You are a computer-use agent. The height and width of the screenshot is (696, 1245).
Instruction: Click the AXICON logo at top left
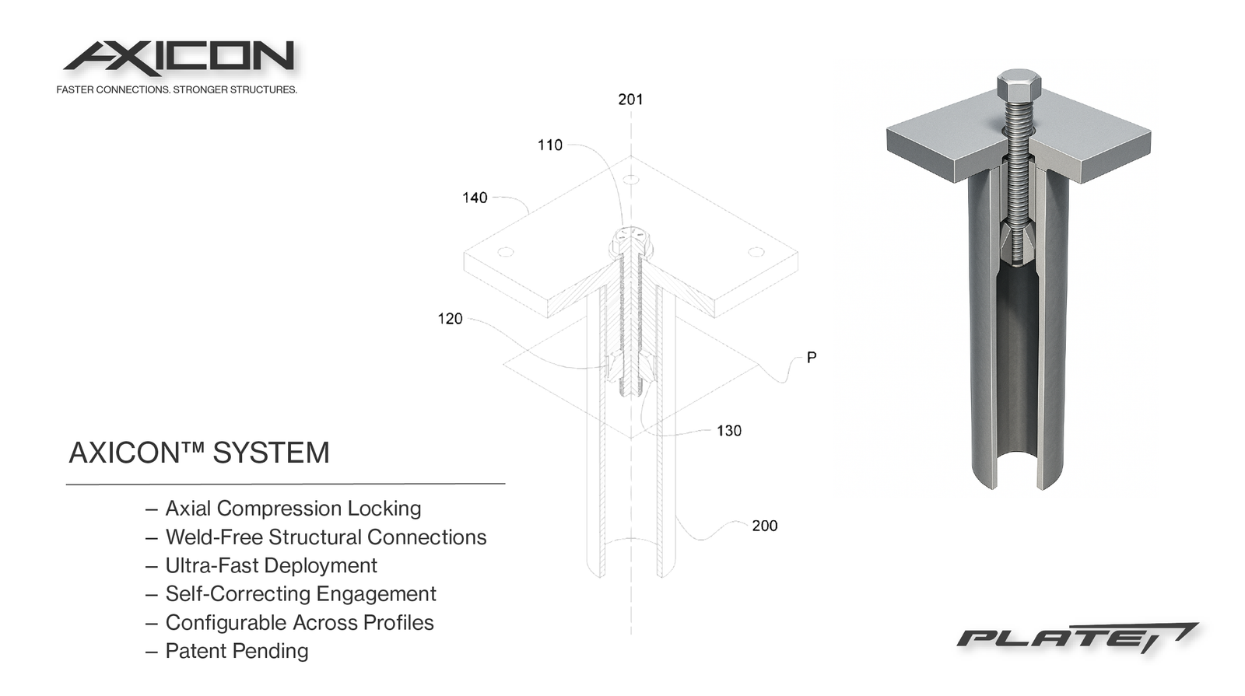pos(179,58)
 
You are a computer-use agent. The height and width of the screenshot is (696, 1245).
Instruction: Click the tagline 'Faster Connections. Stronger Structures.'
pos(177,90)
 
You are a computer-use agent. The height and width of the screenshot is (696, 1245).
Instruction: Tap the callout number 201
pos(630,100)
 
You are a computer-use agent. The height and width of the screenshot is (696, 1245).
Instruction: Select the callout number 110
pos(549,145)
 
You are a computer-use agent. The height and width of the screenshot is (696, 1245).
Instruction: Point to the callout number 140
pos(475,198)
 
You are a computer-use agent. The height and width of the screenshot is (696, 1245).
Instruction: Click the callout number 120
pos(450,319)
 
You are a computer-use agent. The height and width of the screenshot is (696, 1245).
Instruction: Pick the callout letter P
pos(812,358)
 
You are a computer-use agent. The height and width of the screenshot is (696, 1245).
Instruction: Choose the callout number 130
pos(729,431)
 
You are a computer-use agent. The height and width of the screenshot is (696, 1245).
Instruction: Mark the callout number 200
pos(764,526)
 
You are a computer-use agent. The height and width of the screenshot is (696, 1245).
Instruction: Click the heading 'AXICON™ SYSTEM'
pos(199,453)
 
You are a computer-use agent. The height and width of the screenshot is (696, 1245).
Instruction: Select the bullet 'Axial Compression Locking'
pos(293,509)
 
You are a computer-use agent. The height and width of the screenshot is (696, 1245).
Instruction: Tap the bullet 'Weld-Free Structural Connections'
pos(325,537)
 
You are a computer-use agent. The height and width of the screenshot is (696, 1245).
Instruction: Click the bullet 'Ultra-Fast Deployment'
pos(271,565)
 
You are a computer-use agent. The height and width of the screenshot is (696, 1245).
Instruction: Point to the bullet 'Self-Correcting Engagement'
pos(300,594)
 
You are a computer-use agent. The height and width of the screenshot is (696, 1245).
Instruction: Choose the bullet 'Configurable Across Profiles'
pos(299,623)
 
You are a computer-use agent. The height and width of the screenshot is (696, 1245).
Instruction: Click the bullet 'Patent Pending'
pos(237,651)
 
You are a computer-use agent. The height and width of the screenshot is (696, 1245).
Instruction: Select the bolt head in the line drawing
pos(630,240)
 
